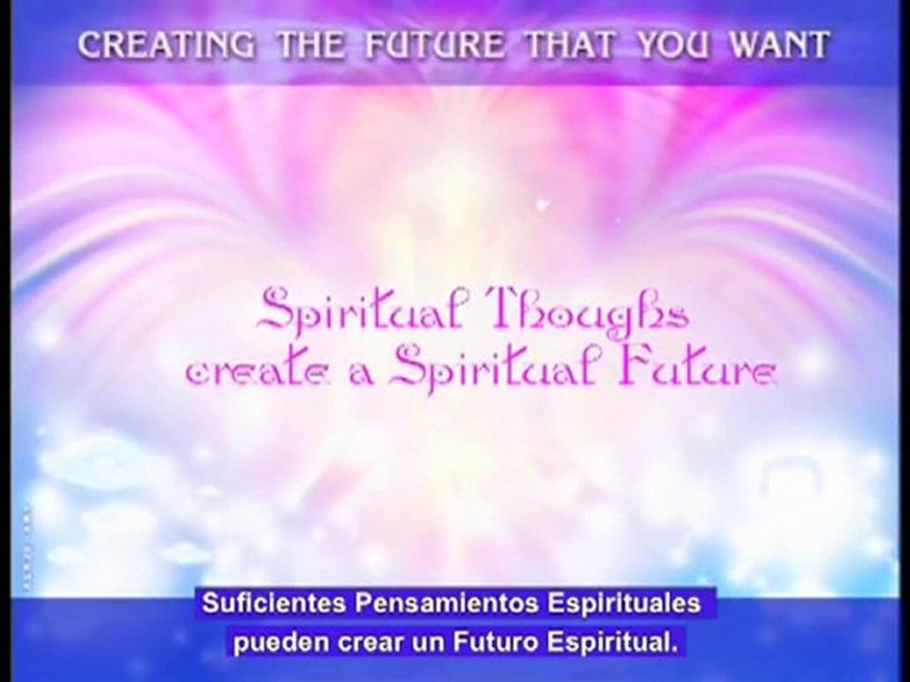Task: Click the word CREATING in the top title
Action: (167, 45)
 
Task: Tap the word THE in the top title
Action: (311, 45)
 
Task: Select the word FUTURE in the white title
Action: (435, 45)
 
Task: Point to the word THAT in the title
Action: (570, 45)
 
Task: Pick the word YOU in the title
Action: (673, 45)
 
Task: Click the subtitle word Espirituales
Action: (624, 604)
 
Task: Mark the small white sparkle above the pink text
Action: (542, 205)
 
